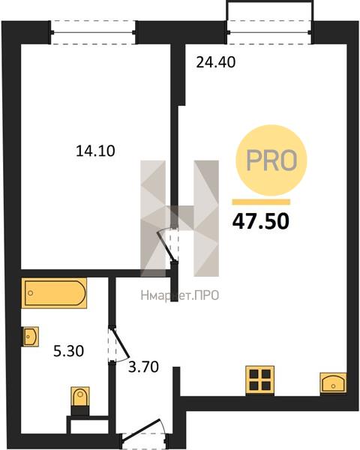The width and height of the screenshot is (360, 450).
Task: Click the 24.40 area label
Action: click(x=215, y=62)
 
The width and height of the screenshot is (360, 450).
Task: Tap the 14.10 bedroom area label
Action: click(x=95, y=151)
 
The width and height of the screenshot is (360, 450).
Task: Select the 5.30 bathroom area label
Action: click(x=68, y=351)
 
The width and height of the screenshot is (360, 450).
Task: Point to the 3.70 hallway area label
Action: click(x=143, y=367)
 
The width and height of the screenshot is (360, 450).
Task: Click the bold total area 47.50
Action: click(x=261, y=221)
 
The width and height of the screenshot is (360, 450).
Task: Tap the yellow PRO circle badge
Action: click(x=271, y=160)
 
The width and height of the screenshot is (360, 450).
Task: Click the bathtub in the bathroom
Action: click(x=54, y=293)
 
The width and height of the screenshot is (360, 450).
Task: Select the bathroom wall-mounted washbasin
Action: click(x=31, y=336)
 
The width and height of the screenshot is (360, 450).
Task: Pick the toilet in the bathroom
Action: click(x=80, y=400)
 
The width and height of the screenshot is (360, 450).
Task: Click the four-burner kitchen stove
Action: click(x=259, y=380)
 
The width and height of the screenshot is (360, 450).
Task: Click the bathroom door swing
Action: click(x=118, y=345)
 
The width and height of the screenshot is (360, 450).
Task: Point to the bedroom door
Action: click(x=167, y=244)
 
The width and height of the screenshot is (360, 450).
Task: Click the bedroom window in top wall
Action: click(x=93, y=32)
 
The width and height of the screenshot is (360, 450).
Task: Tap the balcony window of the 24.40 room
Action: click(x=269, y=32)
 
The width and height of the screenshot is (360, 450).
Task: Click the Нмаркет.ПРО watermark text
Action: click(x=180, y=295)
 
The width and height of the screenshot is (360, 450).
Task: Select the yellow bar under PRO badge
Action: click(x=261, y=202)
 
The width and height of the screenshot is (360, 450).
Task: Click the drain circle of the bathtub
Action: click(x=31, y=293)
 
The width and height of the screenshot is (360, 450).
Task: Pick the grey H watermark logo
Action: click(x=180, y=218)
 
